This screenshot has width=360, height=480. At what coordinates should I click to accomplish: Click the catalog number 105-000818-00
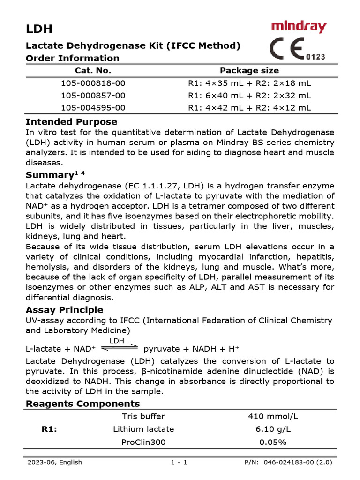click(93, 83)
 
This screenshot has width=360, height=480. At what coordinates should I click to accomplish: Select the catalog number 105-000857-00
click(93, 95)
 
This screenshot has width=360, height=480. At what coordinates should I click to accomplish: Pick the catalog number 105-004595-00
click(93, 107)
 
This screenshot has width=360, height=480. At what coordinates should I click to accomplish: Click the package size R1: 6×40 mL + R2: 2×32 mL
click(249, 95)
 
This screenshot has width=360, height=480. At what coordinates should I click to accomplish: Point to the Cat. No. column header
click(93, 71)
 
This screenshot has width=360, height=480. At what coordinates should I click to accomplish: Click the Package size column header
click(249, 71)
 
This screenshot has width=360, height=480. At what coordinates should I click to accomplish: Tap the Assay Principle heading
click(64, 310)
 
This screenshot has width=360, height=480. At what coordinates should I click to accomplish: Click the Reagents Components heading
click(82, 404)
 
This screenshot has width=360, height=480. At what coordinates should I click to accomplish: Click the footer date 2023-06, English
click(55, 462)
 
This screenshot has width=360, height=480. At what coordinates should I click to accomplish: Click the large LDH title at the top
click(39, 29)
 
